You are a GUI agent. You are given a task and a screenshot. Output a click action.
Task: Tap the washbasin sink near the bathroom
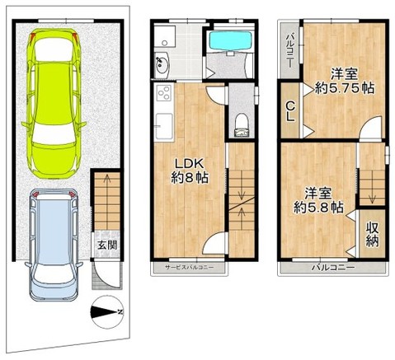[162, 63]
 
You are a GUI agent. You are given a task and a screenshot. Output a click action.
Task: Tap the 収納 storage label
[373, 233]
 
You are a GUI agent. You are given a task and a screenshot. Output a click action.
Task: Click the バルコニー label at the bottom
[332, 268]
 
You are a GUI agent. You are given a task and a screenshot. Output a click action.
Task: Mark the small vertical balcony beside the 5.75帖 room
[290, 49]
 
